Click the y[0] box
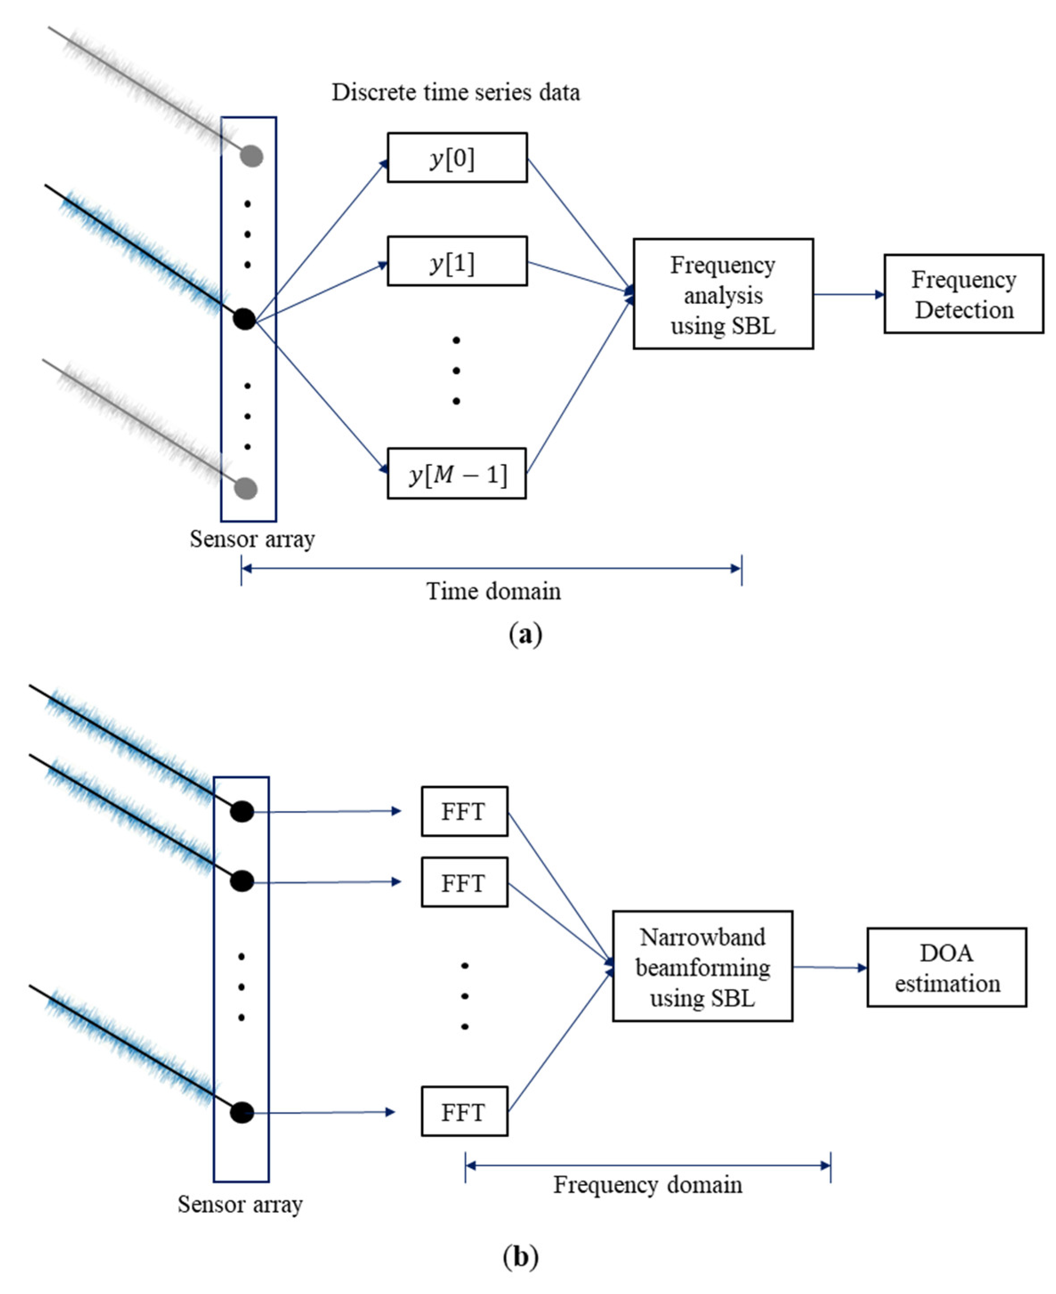point(457,157)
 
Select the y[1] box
point(457,261)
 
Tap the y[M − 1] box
point(456,474)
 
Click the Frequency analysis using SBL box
point(723,294)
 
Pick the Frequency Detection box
point(963,294)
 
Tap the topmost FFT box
point(464,811)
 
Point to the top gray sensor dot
point(251,156)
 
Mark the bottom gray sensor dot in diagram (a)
point(246,488)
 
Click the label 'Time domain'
point(493,591)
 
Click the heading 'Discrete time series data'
point(455,93)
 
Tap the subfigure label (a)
point(525,634)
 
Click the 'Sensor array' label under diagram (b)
point(240,1204)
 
